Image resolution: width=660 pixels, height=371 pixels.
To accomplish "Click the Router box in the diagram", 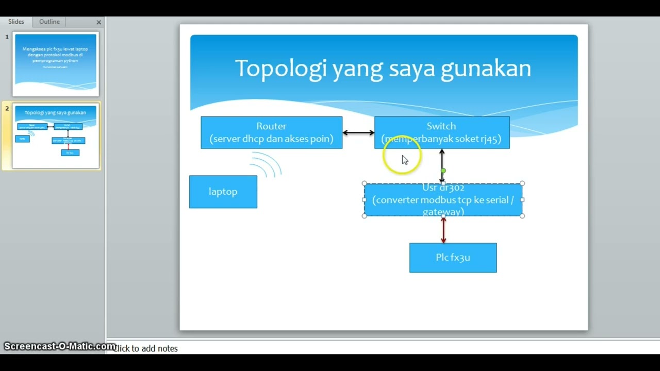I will pos(271,132).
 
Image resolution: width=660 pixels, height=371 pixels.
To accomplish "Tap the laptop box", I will pos(223,192).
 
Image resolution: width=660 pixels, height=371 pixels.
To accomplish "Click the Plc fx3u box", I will pos(453,258).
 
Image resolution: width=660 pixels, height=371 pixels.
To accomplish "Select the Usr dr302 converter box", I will pos(443,200).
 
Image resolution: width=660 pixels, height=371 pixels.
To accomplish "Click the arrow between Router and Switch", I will pos(358,132).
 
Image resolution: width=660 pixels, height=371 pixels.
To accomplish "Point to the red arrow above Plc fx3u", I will pos(443,230).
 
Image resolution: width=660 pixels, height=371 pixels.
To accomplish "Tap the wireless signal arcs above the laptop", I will pos(267,165).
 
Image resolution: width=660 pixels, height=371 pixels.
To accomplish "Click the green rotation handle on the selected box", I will pos(443,171).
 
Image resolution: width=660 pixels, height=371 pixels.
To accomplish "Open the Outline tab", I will pos(49,22).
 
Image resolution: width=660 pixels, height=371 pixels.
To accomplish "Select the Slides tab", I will pos(16,22).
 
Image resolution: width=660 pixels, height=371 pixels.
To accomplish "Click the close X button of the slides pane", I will pos(98,22).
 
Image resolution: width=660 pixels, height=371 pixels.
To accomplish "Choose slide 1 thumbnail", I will pos(56,64).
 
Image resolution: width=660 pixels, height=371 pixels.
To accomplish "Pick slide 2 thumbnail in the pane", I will pos(56,136).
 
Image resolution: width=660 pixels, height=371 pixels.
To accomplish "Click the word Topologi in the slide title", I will pos(280,69).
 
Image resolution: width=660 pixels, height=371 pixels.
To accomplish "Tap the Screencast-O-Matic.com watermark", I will pos(59,346).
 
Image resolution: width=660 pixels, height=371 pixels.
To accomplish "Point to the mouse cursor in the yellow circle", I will pos(404,160).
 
